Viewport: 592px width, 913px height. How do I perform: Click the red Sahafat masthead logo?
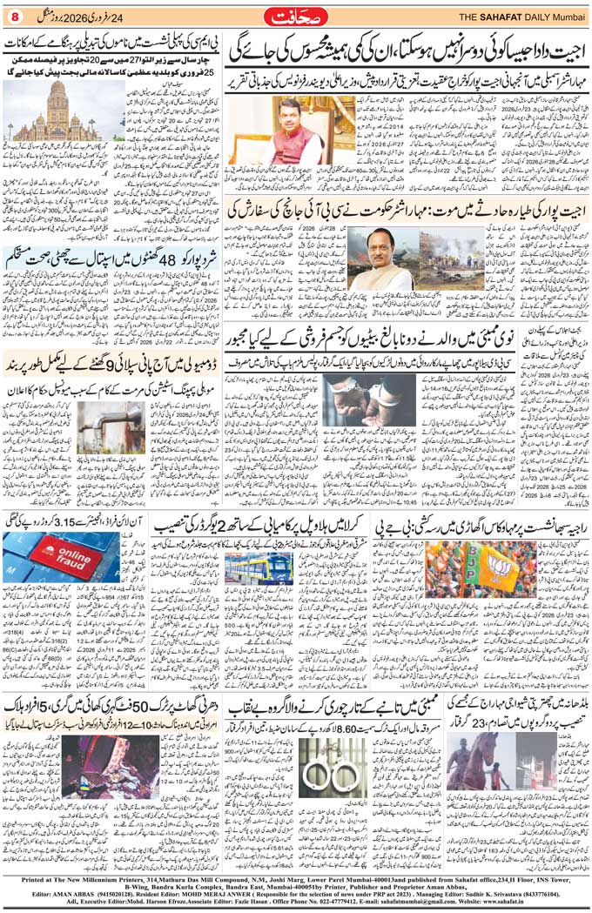click(296, 17)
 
